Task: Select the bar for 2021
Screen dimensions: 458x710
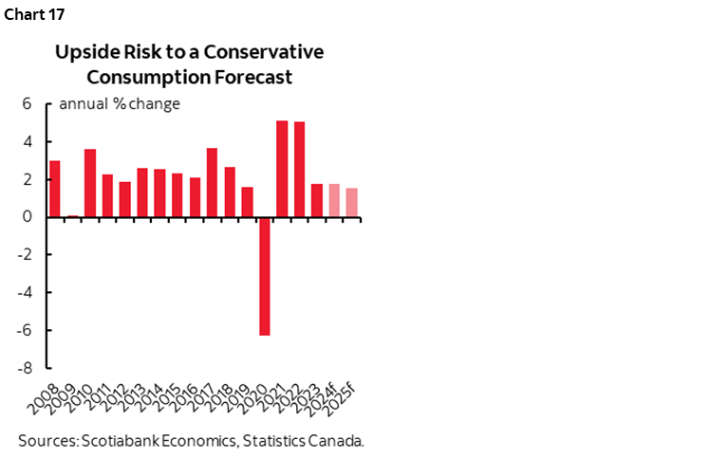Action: pyautogui.click(x=282, y=169)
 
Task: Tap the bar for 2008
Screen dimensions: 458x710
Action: pyautogui.click(x=55, y=189)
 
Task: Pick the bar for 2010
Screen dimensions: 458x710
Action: pyautogui.click(x=90, y=183)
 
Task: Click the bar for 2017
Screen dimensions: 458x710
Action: pyautogui.click(x=212, y=182)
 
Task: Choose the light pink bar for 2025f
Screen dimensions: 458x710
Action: pyautogui.click(x=351, y=202)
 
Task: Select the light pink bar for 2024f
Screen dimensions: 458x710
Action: pyautogui.click(x=334, y=200)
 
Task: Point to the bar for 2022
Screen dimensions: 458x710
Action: pyautogui.click(x=299, y=169)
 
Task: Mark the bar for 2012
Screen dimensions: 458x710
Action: pyautogui.click(x=124, y=199)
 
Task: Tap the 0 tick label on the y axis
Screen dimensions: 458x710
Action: pyautogui.click(x=29, y=217)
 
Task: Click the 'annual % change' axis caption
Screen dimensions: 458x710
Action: pyautogui.click(x=120, y=104)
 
